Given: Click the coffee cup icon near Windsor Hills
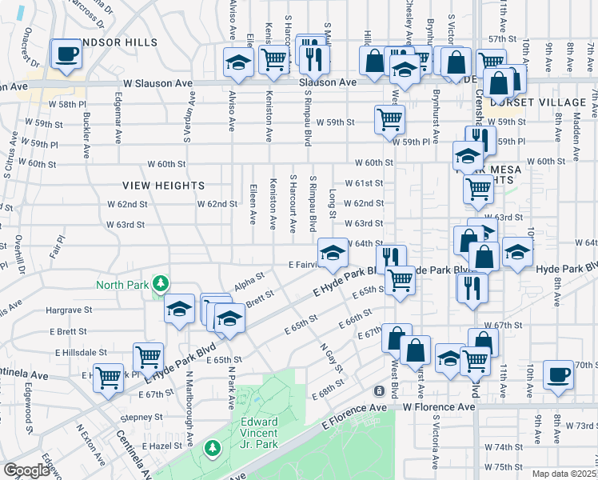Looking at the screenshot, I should (x=66, y=54).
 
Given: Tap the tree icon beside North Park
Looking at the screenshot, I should (x=161, y=283).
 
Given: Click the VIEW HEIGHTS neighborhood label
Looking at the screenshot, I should (x=164, y=186).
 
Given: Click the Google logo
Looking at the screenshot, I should (x=26, y=470).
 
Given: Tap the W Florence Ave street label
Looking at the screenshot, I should (x=438, y=406).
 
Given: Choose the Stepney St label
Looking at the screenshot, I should (x=141, y=417).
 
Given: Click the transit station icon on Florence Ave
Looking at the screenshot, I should (x=380, y=390).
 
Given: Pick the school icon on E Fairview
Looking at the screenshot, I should (x=333, y=254).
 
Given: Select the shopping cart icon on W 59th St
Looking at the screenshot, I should (x=389, y=120).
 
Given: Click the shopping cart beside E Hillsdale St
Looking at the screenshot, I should (x=148, y=357).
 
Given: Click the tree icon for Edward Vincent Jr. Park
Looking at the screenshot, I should (x=212, y=446).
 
